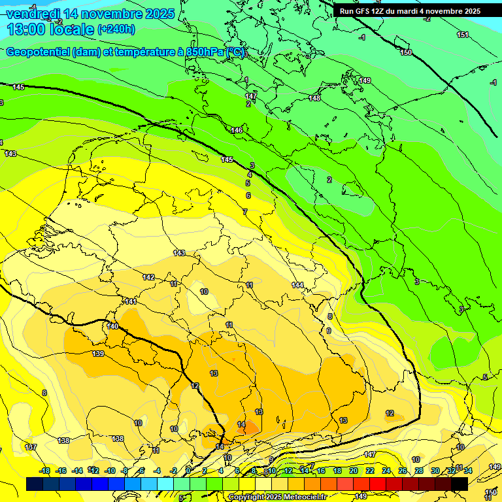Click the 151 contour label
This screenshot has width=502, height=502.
coord(463,35)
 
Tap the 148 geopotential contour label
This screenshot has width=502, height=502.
coord(314,98)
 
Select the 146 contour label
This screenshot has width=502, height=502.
coord(237,131)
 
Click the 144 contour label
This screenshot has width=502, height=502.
coord(297,285)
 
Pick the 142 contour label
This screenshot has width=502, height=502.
coord(149,277)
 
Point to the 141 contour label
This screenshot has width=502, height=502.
coord(131,301)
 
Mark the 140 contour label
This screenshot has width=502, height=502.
coord(112,326)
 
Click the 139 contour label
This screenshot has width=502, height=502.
coord(98,354)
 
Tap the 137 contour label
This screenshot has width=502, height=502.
coord(30,447)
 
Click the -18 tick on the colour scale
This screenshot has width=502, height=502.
coord(45,471)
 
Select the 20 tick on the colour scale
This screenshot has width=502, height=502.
coord(354,471)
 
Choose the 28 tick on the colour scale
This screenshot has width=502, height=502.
coord(419,471)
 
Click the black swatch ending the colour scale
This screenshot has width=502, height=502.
coord(460,484)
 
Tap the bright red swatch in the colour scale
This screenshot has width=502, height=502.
coord(378,484)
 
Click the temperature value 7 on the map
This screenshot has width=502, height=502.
coord(245,212)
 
